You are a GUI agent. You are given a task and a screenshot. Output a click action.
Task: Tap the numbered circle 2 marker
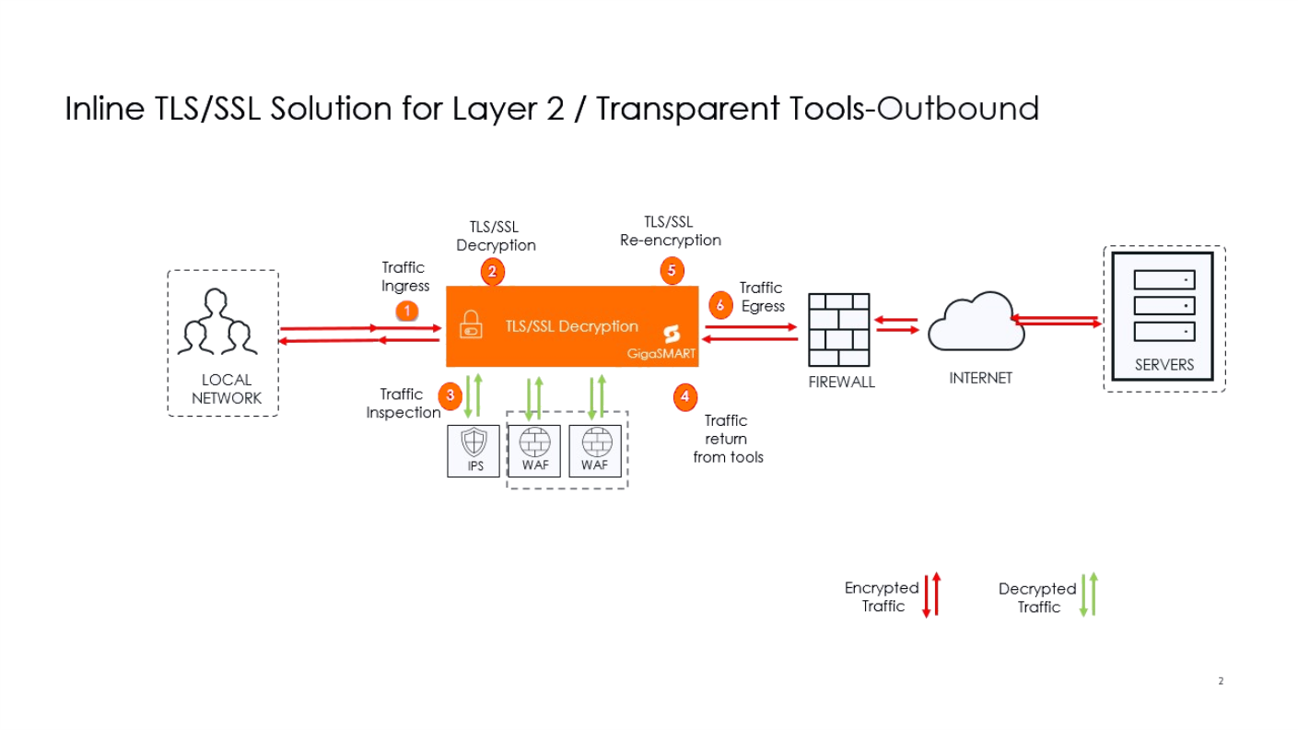point(493,272)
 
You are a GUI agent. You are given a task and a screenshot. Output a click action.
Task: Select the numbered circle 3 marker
point(450,395)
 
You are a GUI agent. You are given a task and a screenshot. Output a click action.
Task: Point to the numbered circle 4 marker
point(684,398)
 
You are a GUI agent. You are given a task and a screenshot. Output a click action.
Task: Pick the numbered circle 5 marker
point(672,271)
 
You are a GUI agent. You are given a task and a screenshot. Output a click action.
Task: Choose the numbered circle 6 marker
point(720,305)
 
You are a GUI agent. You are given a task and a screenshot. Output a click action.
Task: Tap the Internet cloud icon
point(976,323)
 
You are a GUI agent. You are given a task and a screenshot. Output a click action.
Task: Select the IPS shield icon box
point(474,450)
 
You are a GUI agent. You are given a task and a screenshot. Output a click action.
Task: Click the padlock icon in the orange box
point(471,326)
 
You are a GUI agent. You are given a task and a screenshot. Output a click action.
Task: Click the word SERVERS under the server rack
point(1164,365)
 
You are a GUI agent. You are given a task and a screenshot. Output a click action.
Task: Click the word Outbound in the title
point(958,109)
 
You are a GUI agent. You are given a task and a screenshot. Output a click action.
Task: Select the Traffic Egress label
point(762,297)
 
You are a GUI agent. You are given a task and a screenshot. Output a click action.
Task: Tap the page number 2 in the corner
point(1221,681)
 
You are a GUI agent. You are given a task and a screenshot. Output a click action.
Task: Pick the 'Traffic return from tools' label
point(728,439)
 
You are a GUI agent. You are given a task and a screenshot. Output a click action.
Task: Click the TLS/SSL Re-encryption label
point(670,231)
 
